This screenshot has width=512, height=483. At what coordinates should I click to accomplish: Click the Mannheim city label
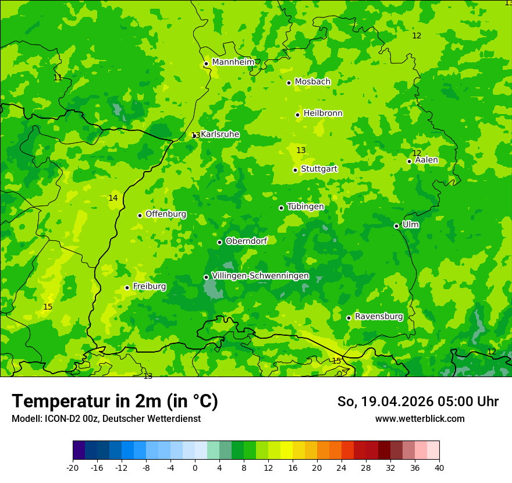tap(233, 62)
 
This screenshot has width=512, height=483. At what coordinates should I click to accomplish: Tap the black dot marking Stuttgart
tap(295, 170)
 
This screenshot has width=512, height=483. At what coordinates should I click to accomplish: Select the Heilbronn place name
tap(323, 113)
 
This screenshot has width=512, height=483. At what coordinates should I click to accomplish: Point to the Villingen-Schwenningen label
tap(260, 276)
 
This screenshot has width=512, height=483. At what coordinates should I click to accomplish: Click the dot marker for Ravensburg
tap(349, 318)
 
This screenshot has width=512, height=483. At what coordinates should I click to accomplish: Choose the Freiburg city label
tap(149, 286)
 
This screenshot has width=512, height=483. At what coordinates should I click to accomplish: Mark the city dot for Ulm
tap(396, 226)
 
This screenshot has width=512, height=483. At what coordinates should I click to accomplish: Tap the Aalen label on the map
tap(426, 160)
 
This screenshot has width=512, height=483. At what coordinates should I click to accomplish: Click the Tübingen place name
tap(305, 207)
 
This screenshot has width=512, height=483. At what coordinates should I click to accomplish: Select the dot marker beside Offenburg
tap(140, 215)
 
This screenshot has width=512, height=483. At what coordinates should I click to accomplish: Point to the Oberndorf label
tap(246, 241)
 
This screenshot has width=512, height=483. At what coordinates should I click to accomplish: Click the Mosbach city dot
tap(289, 83)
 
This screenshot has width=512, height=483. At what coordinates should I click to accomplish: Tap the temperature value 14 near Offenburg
tap(113, 198)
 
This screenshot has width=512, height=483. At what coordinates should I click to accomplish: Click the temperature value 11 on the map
tap(58, 77)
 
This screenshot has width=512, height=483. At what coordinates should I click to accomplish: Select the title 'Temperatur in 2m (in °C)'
tap(115, 401)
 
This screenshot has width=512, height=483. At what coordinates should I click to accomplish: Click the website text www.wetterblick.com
tap(419, 419)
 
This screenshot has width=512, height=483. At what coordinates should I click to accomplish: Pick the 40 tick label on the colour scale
tap(439, 468)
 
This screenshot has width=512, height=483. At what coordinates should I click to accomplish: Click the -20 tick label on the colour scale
tap(73, 468)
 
